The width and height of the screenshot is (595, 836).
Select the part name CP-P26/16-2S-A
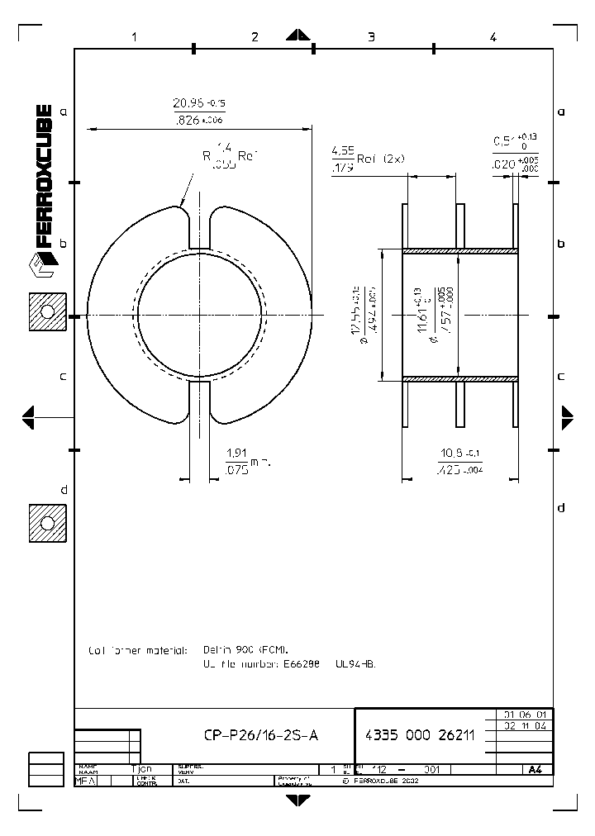coord(259,736)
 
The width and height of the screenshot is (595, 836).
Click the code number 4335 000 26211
coord(419,736)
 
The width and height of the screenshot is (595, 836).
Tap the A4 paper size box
coord(535,769)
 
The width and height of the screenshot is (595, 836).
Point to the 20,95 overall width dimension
coord(198,111)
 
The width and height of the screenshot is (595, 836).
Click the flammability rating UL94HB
coord(355,663)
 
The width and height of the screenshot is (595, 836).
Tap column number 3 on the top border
coord(371,36)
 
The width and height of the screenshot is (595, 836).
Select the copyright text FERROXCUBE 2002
coord(377,779)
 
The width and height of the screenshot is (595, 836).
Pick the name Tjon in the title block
coord(141,768)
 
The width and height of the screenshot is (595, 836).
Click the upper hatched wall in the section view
coord(459,250)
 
